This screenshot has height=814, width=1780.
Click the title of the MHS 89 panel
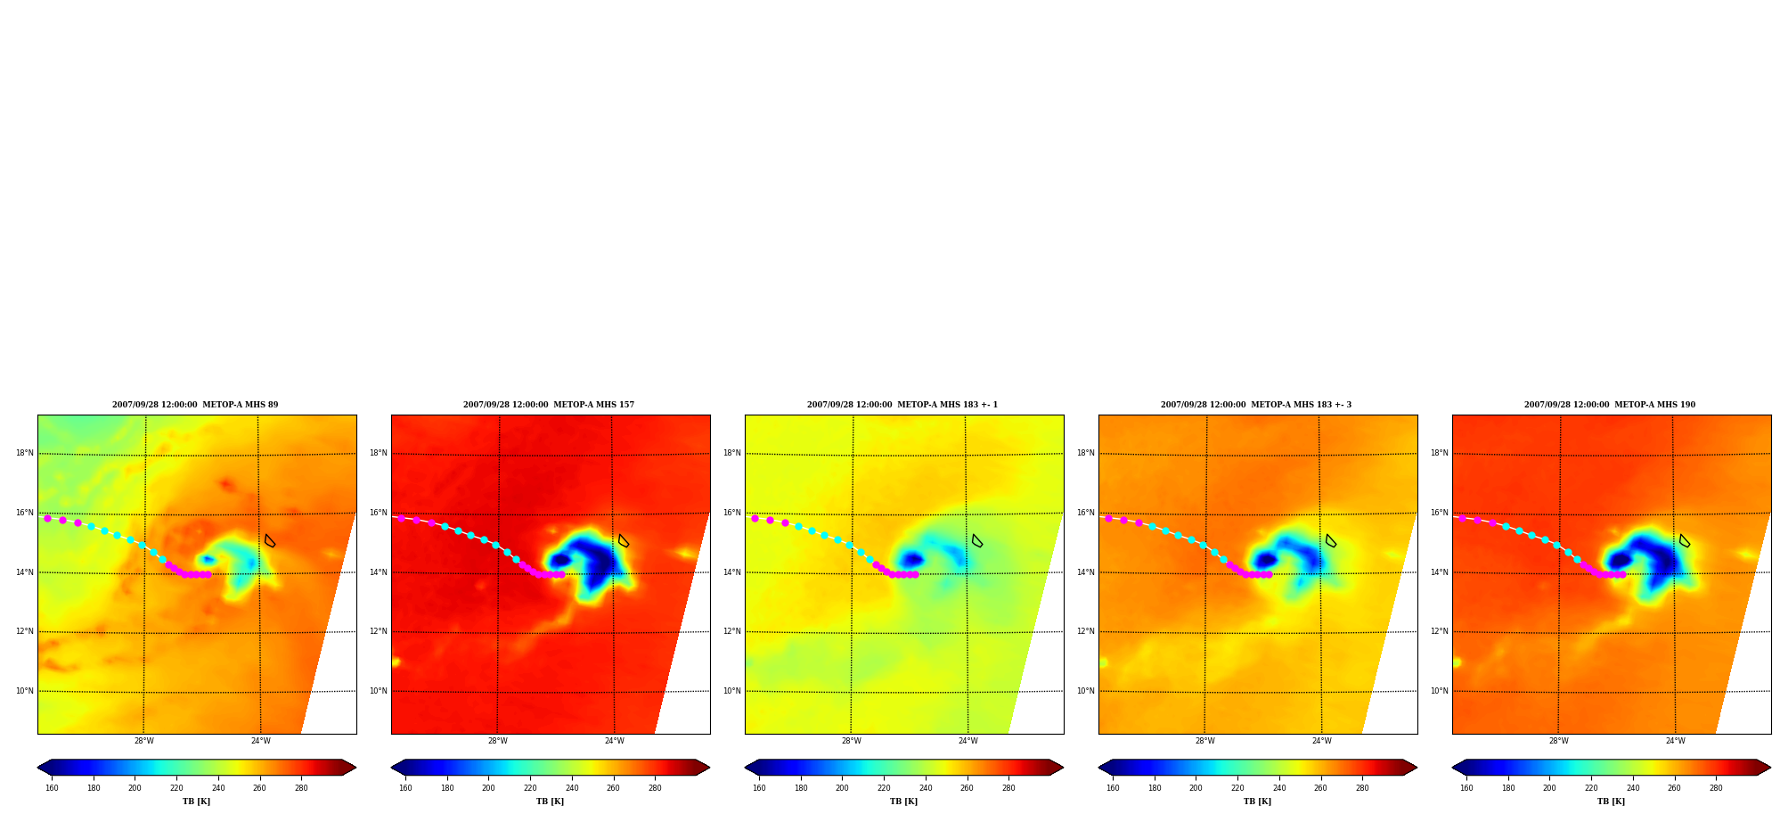pyautogui.click(x=195, y=405)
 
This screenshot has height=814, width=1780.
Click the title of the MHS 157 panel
pyautogui.click(x=549, y=405)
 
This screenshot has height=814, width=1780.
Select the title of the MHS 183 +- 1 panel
pyautogui.click(x=902, y=405)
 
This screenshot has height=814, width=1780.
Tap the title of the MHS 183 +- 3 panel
pyautogui.click(x=1256, y=405)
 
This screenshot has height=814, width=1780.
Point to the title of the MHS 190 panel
pyautogui.click(x=1610, y=405)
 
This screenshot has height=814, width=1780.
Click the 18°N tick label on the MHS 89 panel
pyautogui.click(x=25, y=453)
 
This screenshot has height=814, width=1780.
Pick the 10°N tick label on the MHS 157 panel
pyautogui.click(x=379, y=691)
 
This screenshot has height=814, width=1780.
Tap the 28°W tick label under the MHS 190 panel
pyautogui.click(x=1559, y=741)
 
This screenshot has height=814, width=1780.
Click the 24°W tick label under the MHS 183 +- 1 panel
pyautogui.click(x=968, y=741)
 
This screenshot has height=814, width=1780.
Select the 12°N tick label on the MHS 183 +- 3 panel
pyautogui.click(x=1086, y=631)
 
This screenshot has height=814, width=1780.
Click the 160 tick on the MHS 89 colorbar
pyautogui.click(x=52, y=788)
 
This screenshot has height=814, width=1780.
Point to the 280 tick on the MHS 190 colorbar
pyautogui.click(x=1716, y=788)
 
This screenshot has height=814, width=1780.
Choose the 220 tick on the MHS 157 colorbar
pyautogui.click(x=530, y=788)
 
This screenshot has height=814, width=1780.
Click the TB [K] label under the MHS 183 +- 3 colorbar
pyautogui.click(x=1258, y=802)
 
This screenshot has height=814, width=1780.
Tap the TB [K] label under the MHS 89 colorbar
pyautogui.click(x=197, y=802)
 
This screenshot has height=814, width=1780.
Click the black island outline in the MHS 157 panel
pyautogui.click(x=624, y=541)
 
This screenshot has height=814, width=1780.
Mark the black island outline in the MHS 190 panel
pyautogui.click(x=1685, y=541)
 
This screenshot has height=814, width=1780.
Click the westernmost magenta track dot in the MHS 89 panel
pyautogui.click(x=48, y=518)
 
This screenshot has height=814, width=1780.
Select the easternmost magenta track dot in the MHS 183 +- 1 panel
pyautogui.click(x=915, y=574)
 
